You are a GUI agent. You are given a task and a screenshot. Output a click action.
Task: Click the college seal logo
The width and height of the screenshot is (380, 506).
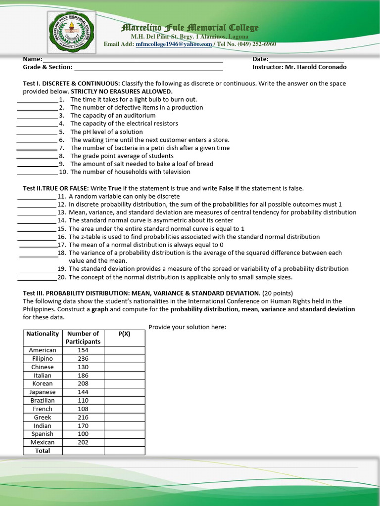pyautogui.click(x=72, y=31)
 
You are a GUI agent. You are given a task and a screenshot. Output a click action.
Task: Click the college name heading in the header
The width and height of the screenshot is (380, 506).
pyautogui.click(x=190, y=28)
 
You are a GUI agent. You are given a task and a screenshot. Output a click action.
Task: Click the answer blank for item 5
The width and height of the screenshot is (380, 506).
pyautogui.click(x=37, y=132)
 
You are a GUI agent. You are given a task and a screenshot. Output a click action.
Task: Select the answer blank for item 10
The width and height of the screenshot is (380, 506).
pyautogui.click(x=37, y=172)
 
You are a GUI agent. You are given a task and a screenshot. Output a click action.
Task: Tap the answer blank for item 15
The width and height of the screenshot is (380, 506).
pyautogui.click(x=37, y=229)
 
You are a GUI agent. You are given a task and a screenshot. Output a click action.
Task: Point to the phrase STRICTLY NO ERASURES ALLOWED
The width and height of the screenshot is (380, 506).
pyautogui.click(x=122, y=91)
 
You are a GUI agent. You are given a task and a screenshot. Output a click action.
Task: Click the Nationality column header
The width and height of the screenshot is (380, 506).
pyautogui.click(x=43, y=334)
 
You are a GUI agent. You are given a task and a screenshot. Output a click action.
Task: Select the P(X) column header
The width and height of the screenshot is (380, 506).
pyautogui.click(x=124, y=334)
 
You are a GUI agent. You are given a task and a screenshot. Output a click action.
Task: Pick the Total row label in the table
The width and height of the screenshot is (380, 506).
pyautogui.click(x=43, y=451)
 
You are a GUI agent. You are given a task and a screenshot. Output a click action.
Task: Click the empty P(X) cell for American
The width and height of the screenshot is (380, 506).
pyautogui.click(x=124, y=350)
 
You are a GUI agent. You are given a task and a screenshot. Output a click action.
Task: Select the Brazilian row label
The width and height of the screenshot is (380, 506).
pyautogui.click(x=43, y=401)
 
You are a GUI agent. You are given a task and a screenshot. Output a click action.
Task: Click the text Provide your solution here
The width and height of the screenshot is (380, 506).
pyautogui.click(x=187, y=327)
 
